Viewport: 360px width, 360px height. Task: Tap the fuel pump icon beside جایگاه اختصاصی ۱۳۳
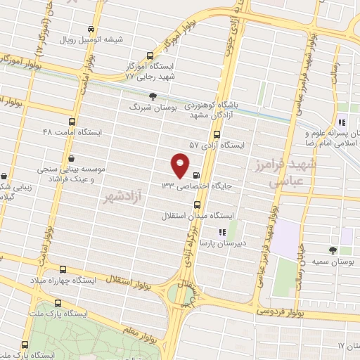pyautogui.click(x=195, y=176)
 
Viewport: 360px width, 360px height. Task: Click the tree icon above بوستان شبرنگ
pyautogui.click(x=153, y=97)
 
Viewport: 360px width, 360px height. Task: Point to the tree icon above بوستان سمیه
pyautogui.click(x=333, y=250)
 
